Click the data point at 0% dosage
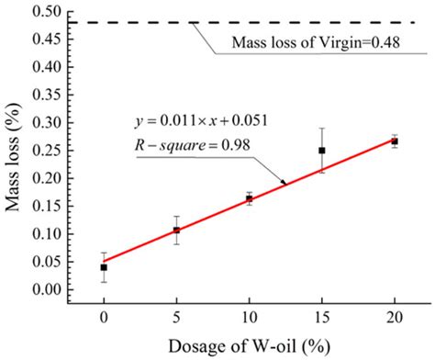click(x=104, y=267)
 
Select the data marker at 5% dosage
click(x=176, y=231)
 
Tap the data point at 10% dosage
click(x=249, y=198)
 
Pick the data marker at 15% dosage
click(x=321, y=151)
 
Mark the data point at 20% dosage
click(x=395, y=141)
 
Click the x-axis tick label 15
click(x=321, y=316)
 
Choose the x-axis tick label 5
click(x=176, y=316)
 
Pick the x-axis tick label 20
click(x=395, y=316)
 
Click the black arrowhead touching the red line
click(x=284, y=183)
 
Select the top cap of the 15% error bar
click(x=321, y=129)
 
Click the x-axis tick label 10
click(x=249, y=316)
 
